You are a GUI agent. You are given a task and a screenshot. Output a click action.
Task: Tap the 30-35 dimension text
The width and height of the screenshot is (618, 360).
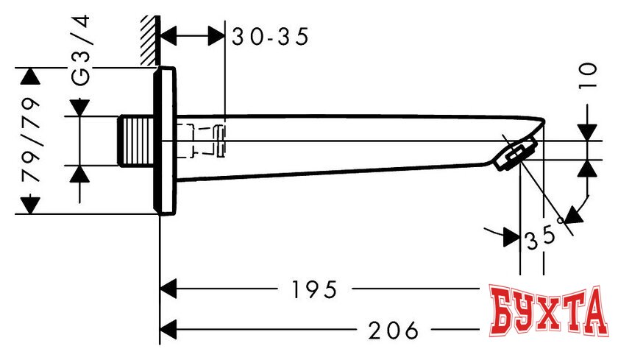point(269,36)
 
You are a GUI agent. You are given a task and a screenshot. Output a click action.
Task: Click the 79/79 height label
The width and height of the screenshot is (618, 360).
point(30,140)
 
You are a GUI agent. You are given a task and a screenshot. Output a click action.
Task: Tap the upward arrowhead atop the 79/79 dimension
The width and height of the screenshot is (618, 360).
point(30,77)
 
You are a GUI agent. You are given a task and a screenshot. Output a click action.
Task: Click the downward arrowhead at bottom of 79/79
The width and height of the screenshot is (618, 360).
point(30,205)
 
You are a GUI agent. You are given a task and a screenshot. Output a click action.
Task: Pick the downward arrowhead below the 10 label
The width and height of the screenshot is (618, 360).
point(586,132)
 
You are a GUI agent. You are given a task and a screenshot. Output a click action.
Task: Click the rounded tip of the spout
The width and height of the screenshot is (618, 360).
point(541,123)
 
